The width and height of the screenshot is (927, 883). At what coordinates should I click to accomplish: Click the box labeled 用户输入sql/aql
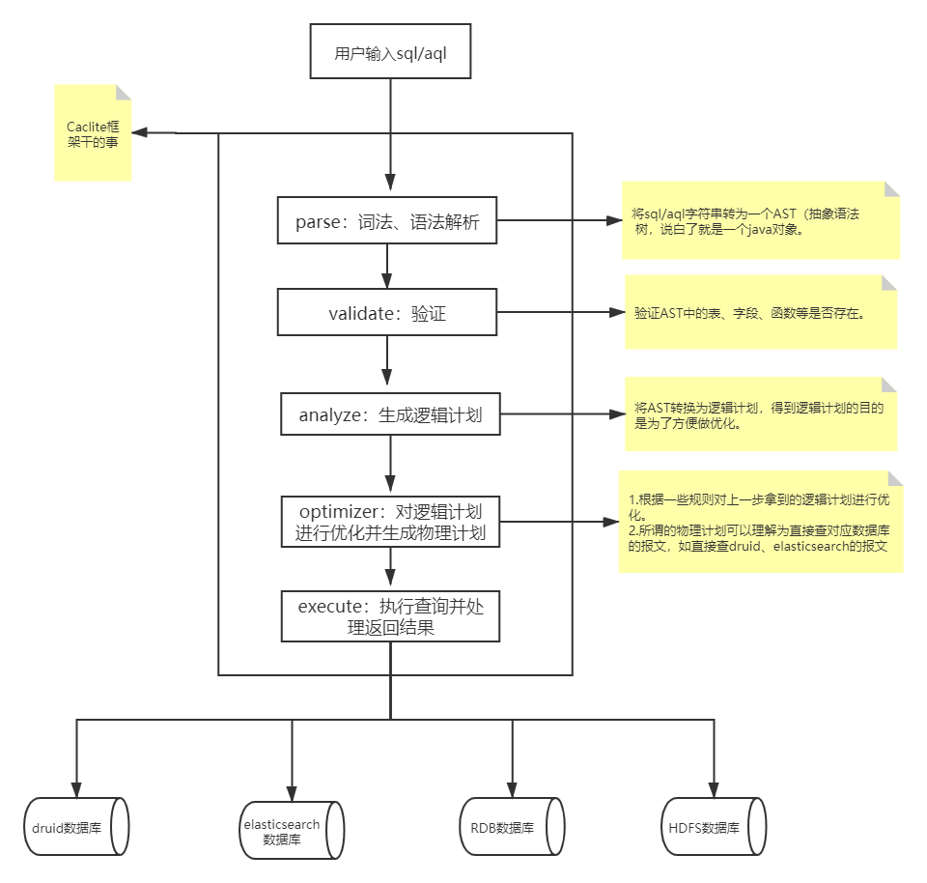point(390,53)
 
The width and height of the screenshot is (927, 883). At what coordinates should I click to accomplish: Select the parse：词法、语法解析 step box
point(387,221)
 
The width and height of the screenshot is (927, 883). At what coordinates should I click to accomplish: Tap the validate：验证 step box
point(387,312)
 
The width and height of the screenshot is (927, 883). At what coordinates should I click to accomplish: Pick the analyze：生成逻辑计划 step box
point(390,414)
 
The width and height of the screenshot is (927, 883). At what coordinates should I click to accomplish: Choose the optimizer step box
point(390,521)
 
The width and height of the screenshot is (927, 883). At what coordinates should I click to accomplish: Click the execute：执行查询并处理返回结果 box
point(390,616)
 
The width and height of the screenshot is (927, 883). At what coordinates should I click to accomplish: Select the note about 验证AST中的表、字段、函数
point(761,312)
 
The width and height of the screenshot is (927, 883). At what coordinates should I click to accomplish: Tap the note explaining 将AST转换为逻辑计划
point(761,414)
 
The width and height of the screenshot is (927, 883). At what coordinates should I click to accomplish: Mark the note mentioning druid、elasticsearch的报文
point(761,522)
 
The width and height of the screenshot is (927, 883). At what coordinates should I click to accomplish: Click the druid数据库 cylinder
point(75,827)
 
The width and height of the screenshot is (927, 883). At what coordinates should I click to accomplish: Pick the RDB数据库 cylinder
point(511,827)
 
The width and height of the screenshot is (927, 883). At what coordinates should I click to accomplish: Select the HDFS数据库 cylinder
point(715,827)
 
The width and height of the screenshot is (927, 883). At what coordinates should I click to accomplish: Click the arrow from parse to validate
point(387,266)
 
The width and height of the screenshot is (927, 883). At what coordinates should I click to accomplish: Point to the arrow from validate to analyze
point(387,362)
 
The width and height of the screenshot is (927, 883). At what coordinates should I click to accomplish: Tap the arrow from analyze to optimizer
point(390,466)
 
